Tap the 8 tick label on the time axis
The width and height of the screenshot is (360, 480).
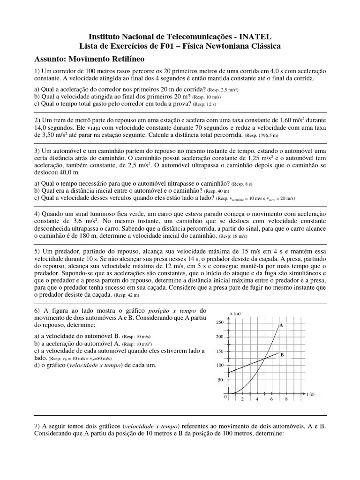[x=286, y=399]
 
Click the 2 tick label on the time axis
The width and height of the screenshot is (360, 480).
[x=242, y=399]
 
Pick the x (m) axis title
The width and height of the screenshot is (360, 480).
[x=235, y=313]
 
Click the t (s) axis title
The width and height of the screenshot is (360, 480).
[x=310, y=395]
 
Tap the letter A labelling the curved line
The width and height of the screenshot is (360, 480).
[x=281, y=324]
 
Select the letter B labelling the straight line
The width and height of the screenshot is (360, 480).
[x=282, y=355]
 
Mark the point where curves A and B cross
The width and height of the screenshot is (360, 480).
[x=264, y=358]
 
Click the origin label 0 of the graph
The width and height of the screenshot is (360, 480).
[x=225, y=397]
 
